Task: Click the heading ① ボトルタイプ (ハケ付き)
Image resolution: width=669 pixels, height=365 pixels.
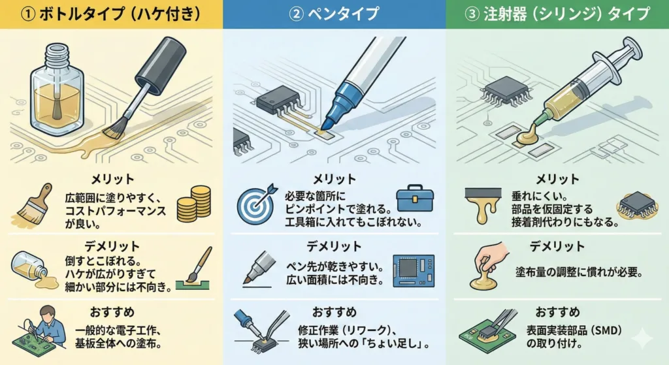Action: tap(111, 14)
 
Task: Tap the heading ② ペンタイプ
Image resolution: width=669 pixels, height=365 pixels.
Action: tap(334, 14)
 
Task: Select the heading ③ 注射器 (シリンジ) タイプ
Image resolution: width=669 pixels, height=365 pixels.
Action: tap(557, 14)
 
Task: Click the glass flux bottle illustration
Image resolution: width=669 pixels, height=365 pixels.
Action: tap(56, 90)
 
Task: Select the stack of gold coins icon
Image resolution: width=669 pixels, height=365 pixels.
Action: tap(194, 203)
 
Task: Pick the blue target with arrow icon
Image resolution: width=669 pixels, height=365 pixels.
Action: tap(257, 204)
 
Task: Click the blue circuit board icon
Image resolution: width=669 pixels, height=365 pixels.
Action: tap(414, 270)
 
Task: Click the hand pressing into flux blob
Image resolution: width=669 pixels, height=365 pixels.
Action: tap(490, 265)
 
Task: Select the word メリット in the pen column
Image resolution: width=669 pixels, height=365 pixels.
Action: tap(334, 180)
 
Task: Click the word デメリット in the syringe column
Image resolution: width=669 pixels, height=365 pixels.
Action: tap(557, 246)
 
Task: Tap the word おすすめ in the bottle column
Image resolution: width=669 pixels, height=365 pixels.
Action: tap(112, 312)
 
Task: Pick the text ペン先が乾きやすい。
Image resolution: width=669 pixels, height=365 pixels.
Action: tap(334, 267)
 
